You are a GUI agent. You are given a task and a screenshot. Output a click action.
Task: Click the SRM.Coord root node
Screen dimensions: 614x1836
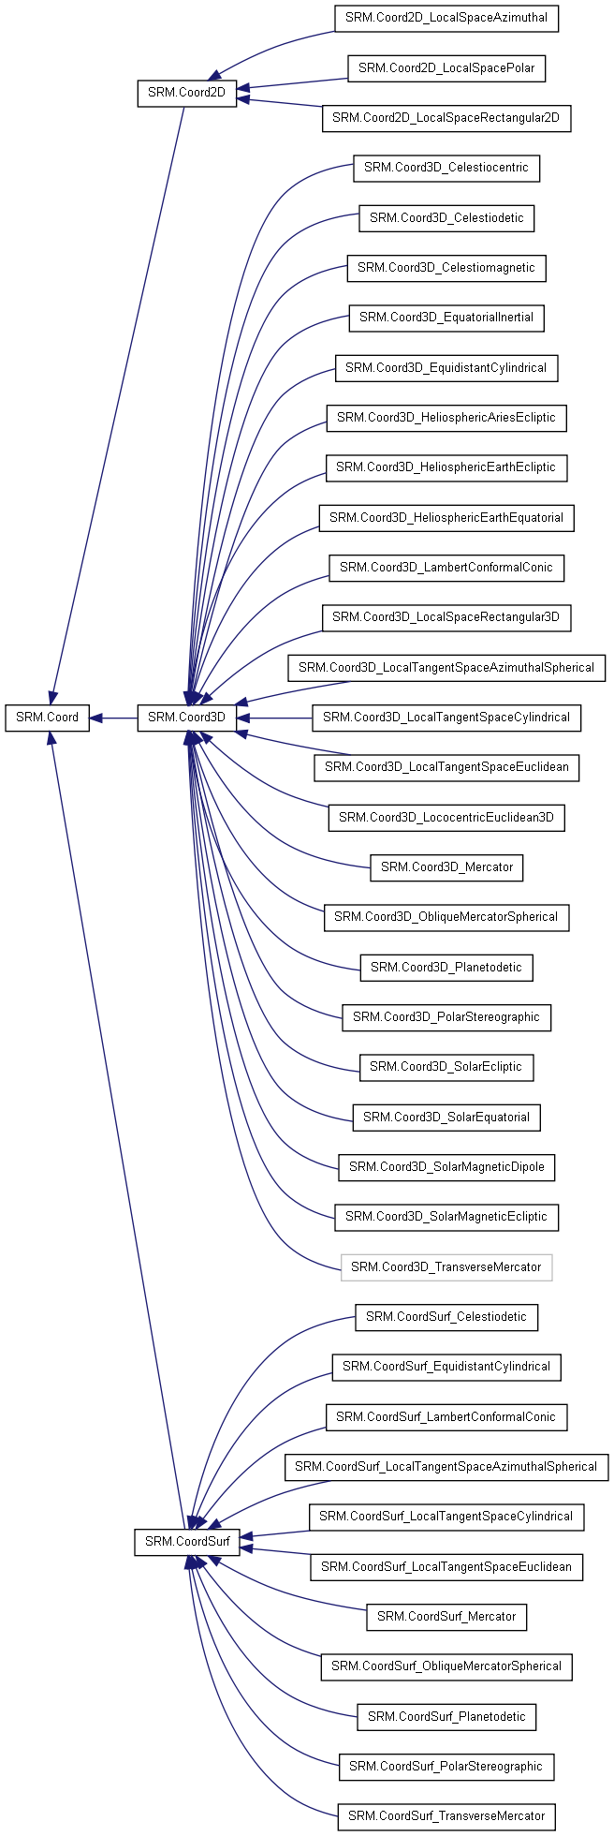click(x=48, y=718)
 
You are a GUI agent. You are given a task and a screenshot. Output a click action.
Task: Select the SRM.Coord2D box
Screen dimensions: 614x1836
click(x=187, y=93)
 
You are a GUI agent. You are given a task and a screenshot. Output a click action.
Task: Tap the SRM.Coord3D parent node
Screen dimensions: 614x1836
click(x=187, y=718)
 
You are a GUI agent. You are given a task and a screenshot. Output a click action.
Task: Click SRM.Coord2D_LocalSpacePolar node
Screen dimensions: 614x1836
click(x=446, y=68)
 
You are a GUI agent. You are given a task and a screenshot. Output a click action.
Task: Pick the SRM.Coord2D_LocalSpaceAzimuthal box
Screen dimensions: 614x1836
click(x=446, y=18)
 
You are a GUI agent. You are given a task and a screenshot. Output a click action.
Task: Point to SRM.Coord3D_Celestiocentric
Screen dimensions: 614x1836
click(x=446, y=168)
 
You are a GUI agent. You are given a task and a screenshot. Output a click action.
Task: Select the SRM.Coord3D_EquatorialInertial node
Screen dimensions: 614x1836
click(x=446, y=318)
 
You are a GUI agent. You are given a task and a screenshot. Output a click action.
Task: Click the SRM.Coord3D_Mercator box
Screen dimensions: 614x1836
click(x=446, y=867)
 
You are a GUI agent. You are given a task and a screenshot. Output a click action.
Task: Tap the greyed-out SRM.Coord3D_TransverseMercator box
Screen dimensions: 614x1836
click(x=446, y=1267)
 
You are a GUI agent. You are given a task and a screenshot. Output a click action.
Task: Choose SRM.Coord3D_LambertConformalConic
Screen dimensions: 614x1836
click(x=446, y=568)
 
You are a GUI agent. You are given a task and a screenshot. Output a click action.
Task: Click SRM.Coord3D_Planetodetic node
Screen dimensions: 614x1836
click(x=446, y=968)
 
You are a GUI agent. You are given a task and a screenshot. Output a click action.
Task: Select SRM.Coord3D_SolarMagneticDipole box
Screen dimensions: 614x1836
click(x=446, y=1167)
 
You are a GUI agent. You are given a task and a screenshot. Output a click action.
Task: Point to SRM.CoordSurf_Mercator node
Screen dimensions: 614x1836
click(x=446, y=1617)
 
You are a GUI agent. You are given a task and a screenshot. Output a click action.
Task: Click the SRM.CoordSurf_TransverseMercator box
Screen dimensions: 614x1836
click(x=446, y=1816)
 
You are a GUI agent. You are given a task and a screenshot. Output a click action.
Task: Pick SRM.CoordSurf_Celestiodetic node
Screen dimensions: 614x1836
click(x=446, y=1317)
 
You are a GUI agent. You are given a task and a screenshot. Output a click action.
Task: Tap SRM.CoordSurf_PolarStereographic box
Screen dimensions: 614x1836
click(x=446, y=1767)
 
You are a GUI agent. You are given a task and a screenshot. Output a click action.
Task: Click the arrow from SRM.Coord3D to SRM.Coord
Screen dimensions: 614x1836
click(x=114, y=718)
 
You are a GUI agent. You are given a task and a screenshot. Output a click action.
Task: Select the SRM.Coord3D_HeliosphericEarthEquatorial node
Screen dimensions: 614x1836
click(x=446, y=518)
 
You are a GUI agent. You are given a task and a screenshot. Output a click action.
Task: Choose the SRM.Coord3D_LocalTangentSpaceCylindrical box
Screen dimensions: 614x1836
click(x=446, y=718)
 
